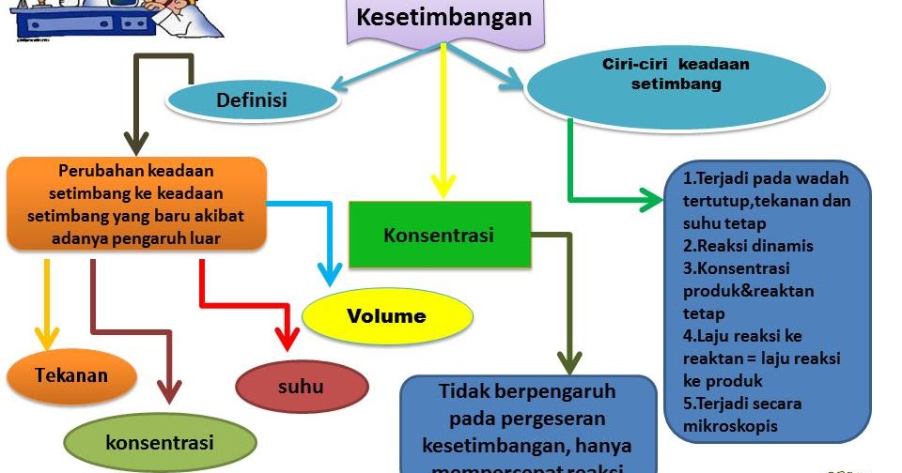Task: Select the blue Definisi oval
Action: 251,99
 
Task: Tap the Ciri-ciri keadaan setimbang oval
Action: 661,83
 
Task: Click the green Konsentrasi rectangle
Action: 438,235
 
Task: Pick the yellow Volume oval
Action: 386,316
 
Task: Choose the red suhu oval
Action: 301,386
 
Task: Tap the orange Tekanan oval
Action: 71,376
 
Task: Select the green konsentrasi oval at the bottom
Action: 160,441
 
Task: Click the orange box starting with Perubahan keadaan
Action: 137,205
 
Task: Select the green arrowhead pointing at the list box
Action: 650,199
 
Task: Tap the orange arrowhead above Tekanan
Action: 46,338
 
